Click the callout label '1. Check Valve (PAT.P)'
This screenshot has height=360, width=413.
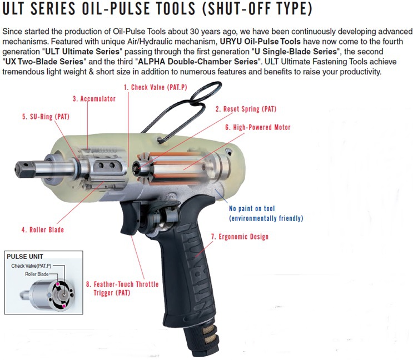point(156,87)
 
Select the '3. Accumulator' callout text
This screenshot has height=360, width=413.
point(94,98)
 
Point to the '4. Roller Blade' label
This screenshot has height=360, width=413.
point(43,229)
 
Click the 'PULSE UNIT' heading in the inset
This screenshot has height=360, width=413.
point(23,257)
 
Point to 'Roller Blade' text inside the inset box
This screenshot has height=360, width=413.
point(38,274)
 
